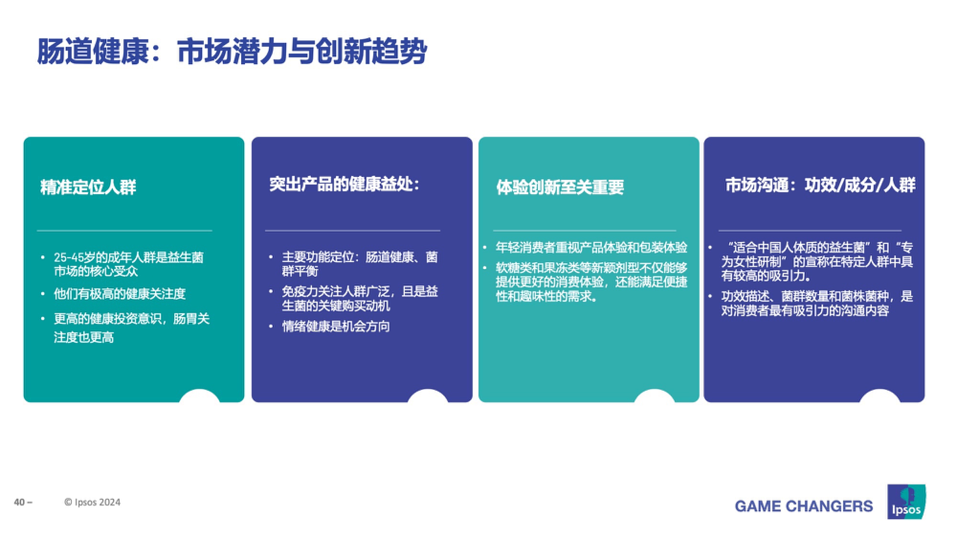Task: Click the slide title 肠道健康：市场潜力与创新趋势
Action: tap(232, 51)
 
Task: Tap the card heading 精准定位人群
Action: tap(89, 187)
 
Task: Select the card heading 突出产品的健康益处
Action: tap(344, 184)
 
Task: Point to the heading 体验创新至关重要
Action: tap(560, 187)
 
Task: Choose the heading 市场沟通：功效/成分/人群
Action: tap(820, 185)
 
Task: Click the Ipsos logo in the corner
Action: tap(906, 502)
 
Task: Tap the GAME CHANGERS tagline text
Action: tap(804, 506)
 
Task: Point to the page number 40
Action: tap(20, 502)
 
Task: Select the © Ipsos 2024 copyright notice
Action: tap(92, 502)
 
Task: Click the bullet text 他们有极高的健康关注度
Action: tap(120, 294)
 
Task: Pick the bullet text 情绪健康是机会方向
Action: tap(336, 327)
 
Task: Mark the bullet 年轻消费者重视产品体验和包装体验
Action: tap(591, 247)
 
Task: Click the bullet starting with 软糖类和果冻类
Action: tap(591, 282)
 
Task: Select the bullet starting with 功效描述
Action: tap(817, 303)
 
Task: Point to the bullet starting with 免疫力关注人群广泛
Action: tap(360, 298)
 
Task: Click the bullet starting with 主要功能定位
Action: tap(360, 264)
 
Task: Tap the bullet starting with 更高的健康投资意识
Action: tap(132, 328)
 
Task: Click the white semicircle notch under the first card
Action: tap(200, 396)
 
